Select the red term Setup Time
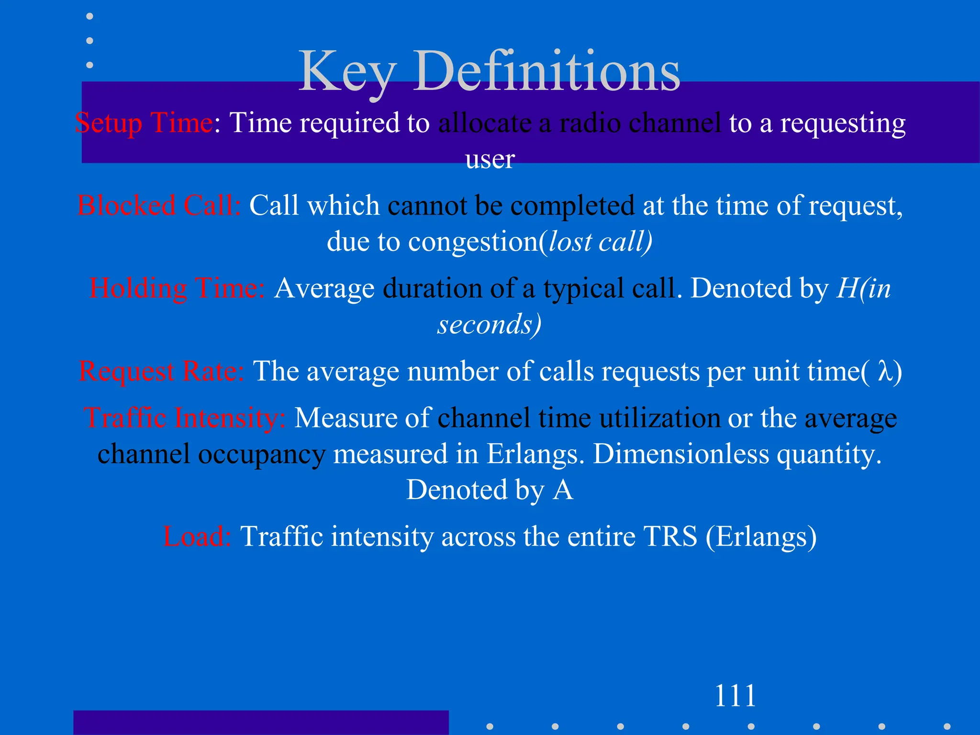pyautogui.click(x=144, y=123)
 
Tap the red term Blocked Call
pyautogui.click(x=159, y=206)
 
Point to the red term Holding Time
pyautogui.click(x=177, y=289)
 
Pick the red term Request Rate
pyautogui.click(x=161, y=371)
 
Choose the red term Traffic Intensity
pyautogui.click(x=185, y=418)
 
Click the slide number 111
pyautogui.click(x=735, y=696)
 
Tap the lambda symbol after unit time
pyautogui.click(x=885, y=372)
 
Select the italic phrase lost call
pyautogui.click(x=599, y=242)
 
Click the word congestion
pyautogui.click(x=473, y=242)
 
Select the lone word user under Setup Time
pyautogui.click(x=490, y=159)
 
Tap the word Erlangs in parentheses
pyautogui.click(x=761, y=536)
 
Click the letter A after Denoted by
pyautogui.click(x=563, y=490)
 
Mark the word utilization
pyautogui.click(x=660, y=418)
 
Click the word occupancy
pyautogui.click(x=262, y=455)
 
